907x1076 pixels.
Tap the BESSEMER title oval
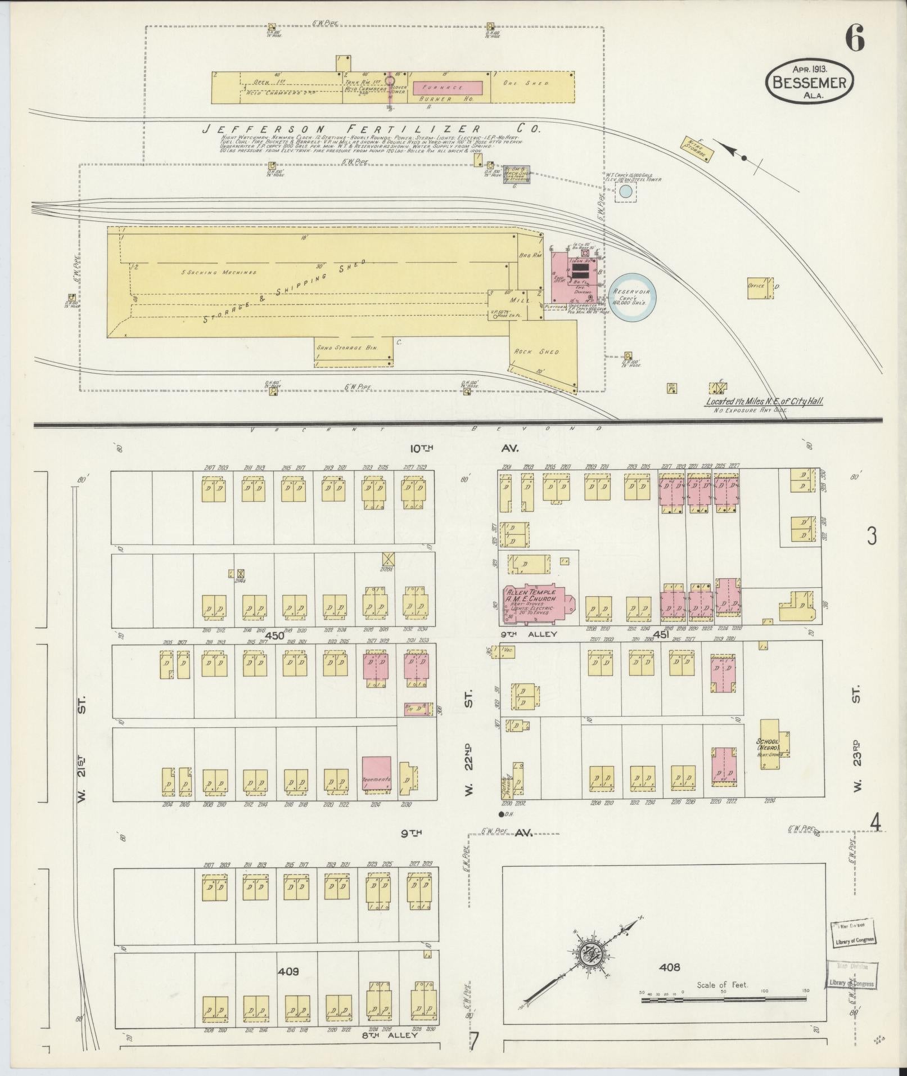pos(810,82)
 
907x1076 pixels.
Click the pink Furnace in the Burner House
pos(448,88)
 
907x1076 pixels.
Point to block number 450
pos(275,635)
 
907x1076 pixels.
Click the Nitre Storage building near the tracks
pos(697,148)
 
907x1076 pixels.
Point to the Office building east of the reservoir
pos(759,286)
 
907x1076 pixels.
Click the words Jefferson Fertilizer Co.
pos(371,129)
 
